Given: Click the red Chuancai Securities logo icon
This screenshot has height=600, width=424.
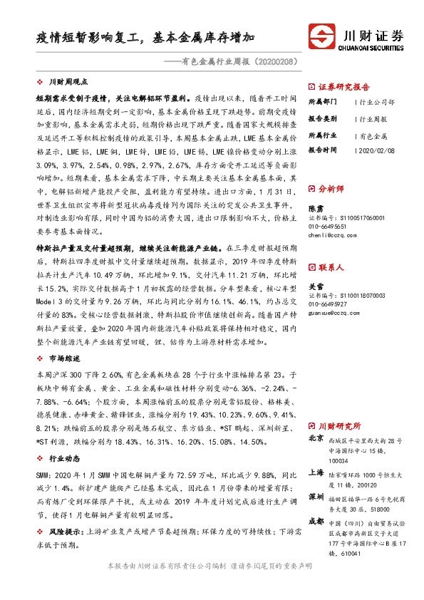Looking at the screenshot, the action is pyautogui.click(x=321, y=36).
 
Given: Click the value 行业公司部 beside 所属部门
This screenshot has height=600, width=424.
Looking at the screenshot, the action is pyautogui.click(x=378, y=101).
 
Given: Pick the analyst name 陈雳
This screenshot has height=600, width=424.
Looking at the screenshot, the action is pyautogui.click(x=316, y=208).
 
